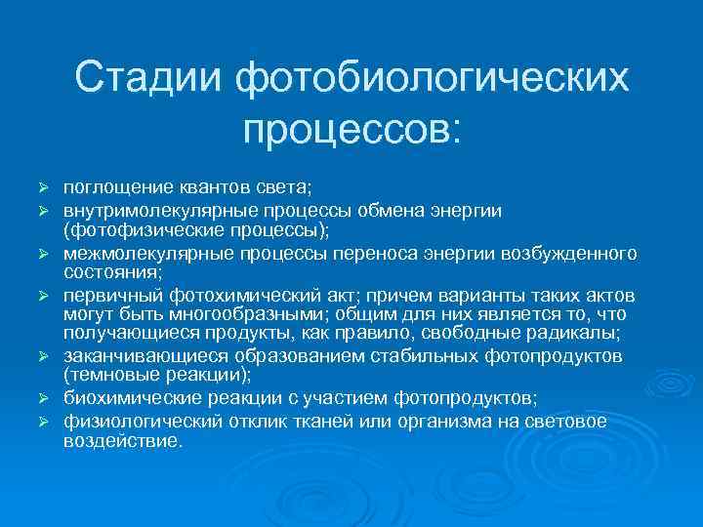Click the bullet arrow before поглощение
coord(43,186)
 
